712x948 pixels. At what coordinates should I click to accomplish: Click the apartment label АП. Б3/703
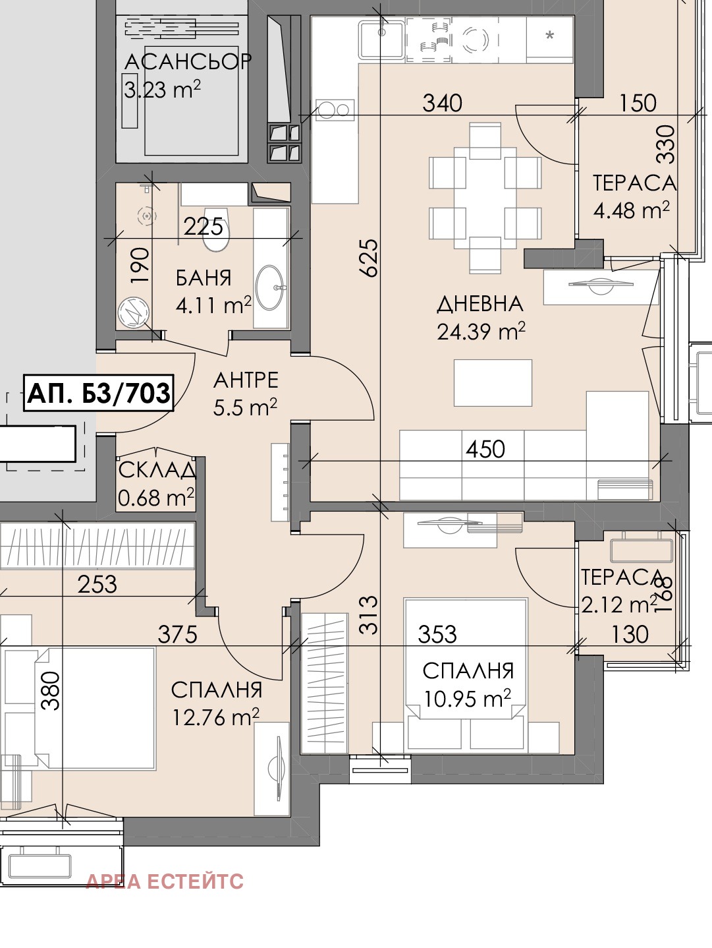(x=98, y=393)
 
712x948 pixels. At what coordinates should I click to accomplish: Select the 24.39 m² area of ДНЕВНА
(x=481, y=331)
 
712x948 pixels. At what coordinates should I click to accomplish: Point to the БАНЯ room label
(x=204, y=278)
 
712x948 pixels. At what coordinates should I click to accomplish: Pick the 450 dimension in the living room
(x=485, y=449)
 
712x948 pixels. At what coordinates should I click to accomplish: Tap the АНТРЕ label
(x=246, y=380)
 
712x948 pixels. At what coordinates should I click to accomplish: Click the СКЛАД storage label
(x=157, y=470)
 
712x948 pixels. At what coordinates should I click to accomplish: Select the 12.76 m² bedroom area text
(x=216, y=717)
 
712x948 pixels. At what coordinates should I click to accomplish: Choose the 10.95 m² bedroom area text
(x=468, y=698)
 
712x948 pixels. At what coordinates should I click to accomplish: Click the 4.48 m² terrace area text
(x=631, y=210)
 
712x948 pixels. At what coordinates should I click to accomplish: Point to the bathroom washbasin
(x=271, y=287)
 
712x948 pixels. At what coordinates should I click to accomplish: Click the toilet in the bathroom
(x=215, y=229)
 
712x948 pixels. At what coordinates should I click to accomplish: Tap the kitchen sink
(x=382, y=40)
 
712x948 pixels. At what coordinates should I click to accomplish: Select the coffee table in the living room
(x=493, y=382)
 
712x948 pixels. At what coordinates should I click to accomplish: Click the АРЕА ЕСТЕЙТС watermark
(x=165, y=881)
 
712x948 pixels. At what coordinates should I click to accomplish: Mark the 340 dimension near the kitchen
(x=443, y=103)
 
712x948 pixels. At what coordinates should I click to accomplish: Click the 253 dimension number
(x=97, y=584)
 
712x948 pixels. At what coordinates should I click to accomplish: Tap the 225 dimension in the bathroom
(x=204, y=226)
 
